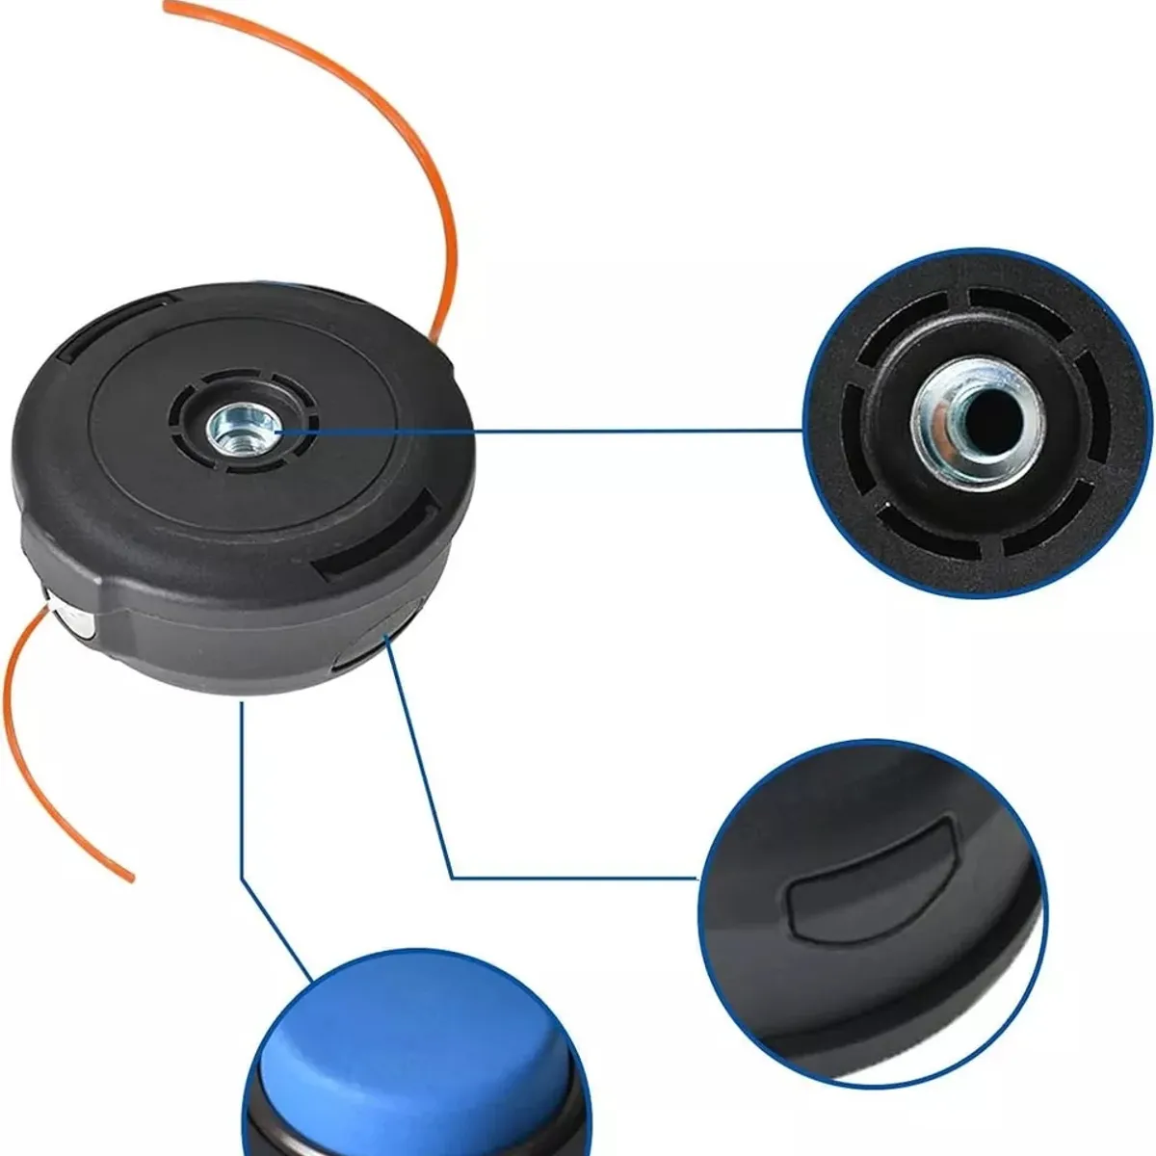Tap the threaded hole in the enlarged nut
(990, 415)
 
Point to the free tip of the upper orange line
(168, 9)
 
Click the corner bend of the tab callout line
(454, 876)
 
